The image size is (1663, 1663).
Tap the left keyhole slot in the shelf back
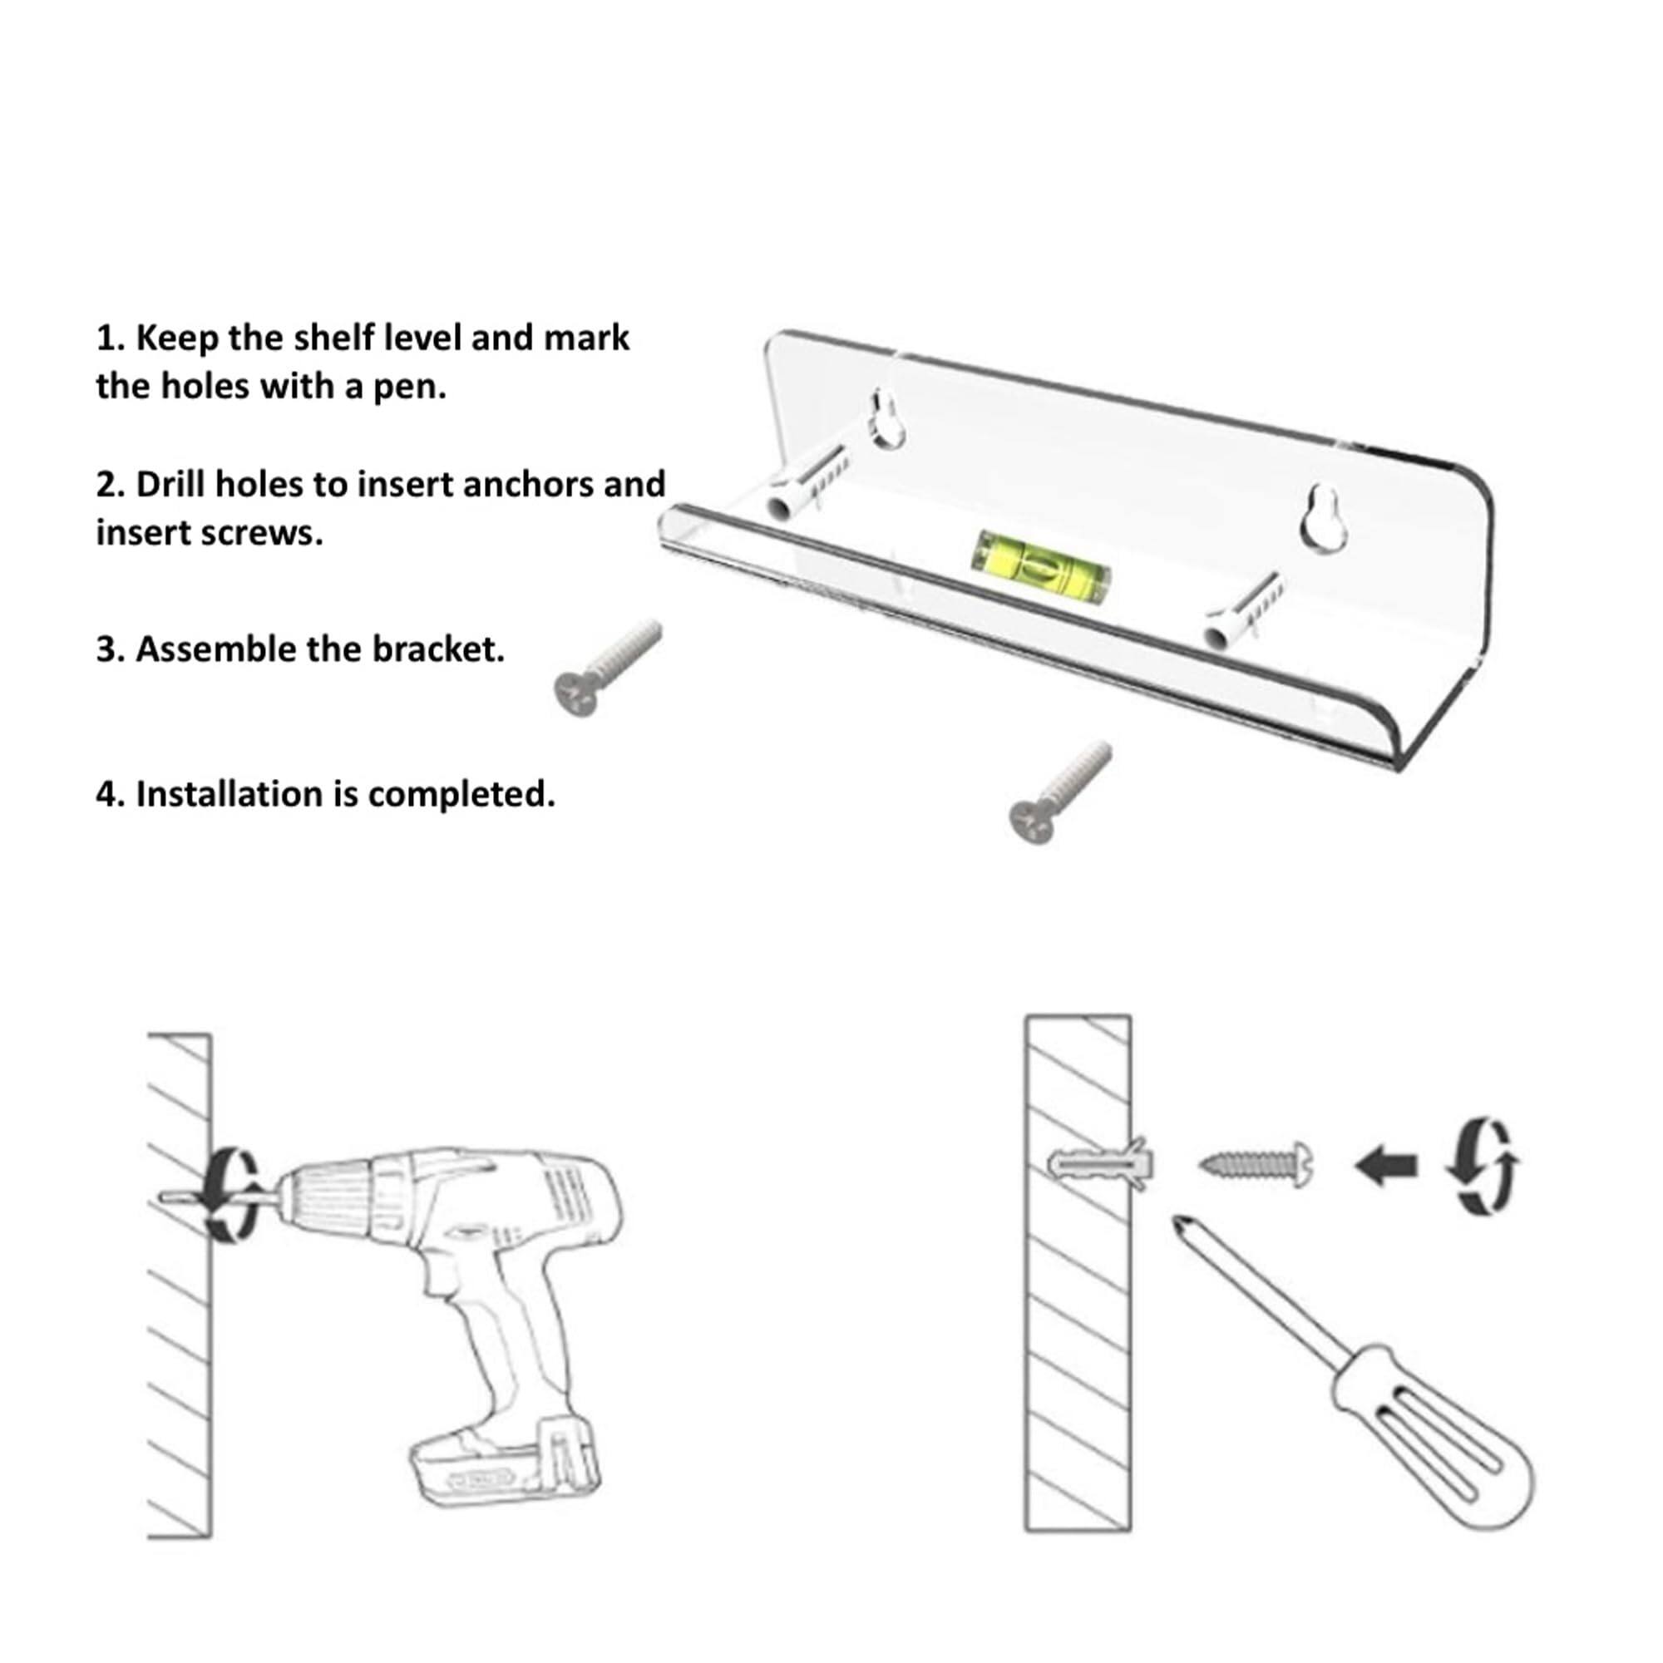tap(885, 419)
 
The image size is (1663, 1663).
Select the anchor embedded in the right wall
tap(1099, 1166)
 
